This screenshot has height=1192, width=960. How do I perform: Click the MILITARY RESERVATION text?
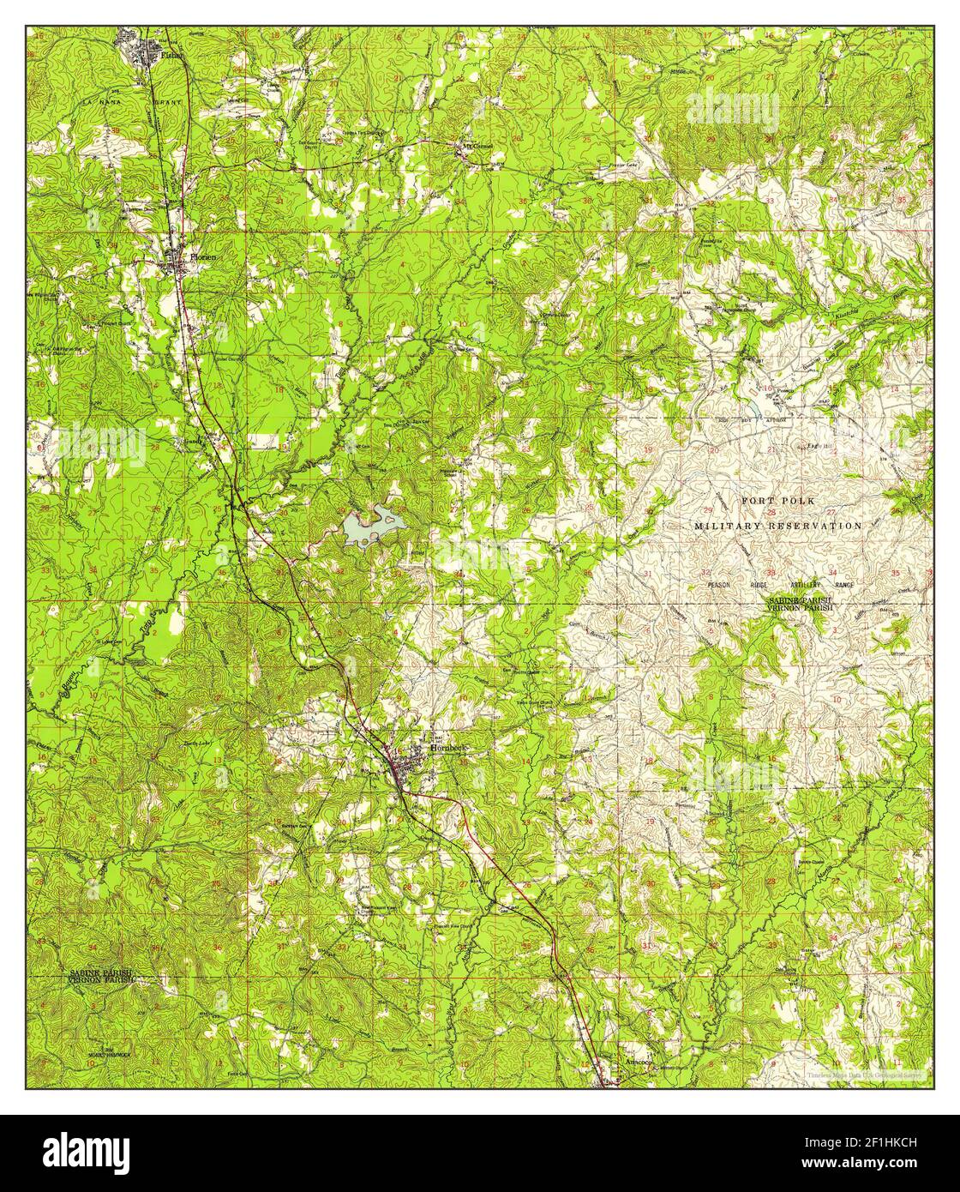[777, 525]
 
